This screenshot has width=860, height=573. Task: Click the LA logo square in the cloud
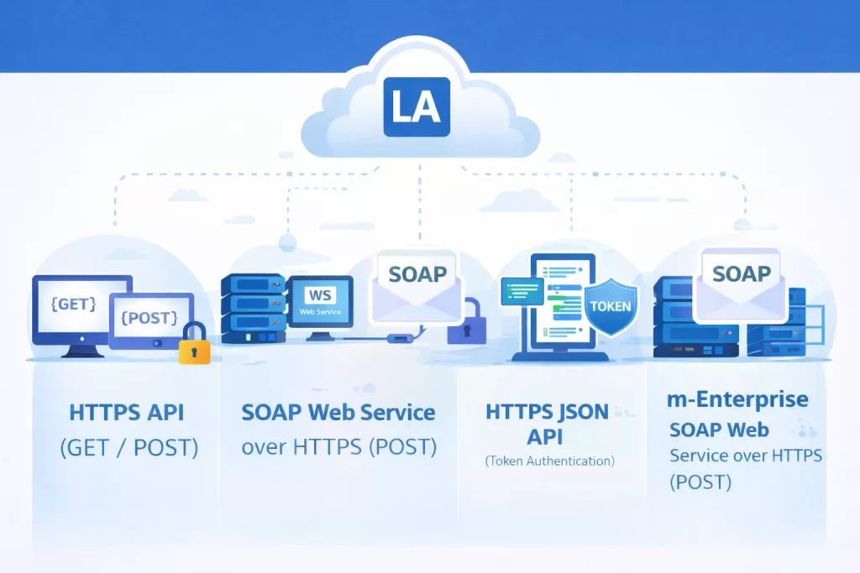point(417,107)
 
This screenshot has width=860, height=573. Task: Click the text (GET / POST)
point(128,448)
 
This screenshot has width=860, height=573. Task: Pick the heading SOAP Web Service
point(338,413)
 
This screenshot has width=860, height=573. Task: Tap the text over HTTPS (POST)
point(338,447)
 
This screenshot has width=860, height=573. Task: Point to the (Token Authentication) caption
point(549,461)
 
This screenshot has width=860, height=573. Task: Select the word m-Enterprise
point(737,399)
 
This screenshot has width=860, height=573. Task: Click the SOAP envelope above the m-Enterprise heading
point(741,281)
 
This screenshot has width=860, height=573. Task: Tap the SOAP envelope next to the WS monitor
point(416,285)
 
